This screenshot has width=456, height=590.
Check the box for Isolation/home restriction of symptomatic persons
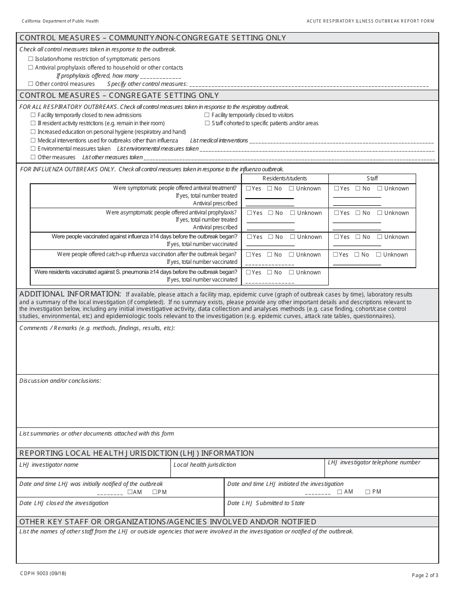(31, 59)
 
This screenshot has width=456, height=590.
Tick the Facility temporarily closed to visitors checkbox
(207, 115)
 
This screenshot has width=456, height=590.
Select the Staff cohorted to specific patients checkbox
(207, 123)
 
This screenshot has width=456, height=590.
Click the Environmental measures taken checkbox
(33, 149)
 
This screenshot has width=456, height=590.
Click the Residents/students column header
(285, 178)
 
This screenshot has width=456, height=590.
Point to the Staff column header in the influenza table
(372, 178)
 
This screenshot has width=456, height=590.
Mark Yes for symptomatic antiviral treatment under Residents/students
(248, 189)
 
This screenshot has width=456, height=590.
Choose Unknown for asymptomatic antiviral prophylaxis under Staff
(379, 213)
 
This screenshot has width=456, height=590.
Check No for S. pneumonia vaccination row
(270, 272)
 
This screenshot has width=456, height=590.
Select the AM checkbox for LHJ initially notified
(130, 492)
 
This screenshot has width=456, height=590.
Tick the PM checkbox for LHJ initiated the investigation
(368, 492)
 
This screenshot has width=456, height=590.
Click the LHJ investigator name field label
(48, 465)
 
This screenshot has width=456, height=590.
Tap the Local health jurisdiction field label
(204, 465)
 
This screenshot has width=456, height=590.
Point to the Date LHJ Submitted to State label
(265, 503)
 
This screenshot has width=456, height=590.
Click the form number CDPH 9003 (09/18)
(43, 573)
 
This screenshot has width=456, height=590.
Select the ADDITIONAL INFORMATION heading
(70, 294)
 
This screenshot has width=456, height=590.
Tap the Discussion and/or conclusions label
(60, 381)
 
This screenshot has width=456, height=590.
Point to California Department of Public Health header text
(60, 21)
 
